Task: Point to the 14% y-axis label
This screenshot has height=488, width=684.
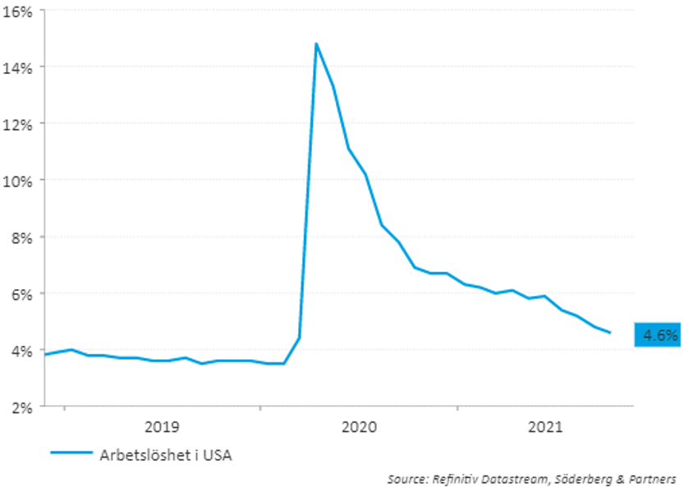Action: (18, 67)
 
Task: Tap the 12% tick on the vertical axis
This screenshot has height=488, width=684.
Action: (18, 123)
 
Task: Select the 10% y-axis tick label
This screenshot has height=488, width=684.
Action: (18, 180)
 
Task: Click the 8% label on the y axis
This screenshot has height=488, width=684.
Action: (21, 237)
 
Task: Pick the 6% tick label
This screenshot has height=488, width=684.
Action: (21, 293)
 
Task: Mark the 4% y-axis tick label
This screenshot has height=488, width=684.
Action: (21, 350)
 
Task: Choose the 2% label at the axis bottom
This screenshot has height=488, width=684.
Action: (21, 407)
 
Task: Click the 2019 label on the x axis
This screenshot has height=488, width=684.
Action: (162, 427)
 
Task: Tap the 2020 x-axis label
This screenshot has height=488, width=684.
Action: (359, 427)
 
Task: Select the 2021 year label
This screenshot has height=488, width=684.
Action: (545, 427)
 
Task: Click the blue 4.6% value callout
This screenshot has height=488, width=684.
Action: (659, 334)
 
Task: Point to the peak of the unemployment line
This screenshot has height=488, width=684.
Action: (316, 44)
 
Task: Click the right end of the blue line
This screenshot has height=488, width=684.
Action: (610, 333)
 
